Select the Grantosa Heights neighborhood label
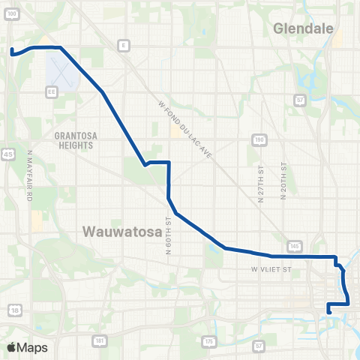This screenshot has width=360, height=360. [x=73, y=141]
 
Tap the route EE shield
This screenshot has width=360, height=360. [x=52, y=92]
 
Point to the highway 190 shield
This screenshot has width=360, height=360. [x=258, y=139]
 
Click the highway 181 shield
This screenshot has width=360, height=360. [x=100, y=341]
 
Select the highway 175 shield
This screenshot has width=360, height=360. [x=208, y=341]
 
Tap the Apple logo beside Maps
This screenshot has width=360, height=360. [x=11, y=347]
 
